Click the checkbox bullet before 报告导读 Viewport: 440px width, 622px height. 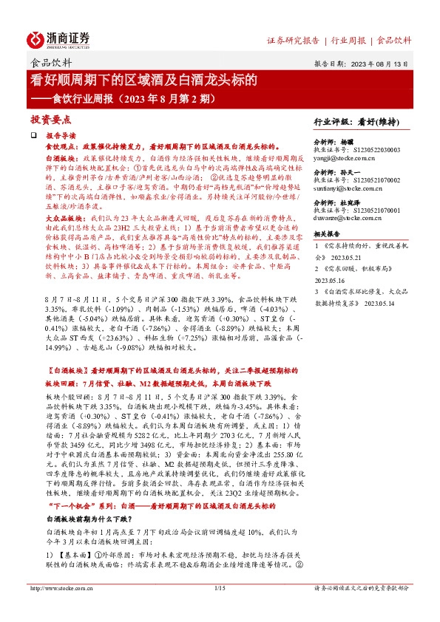33,136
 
